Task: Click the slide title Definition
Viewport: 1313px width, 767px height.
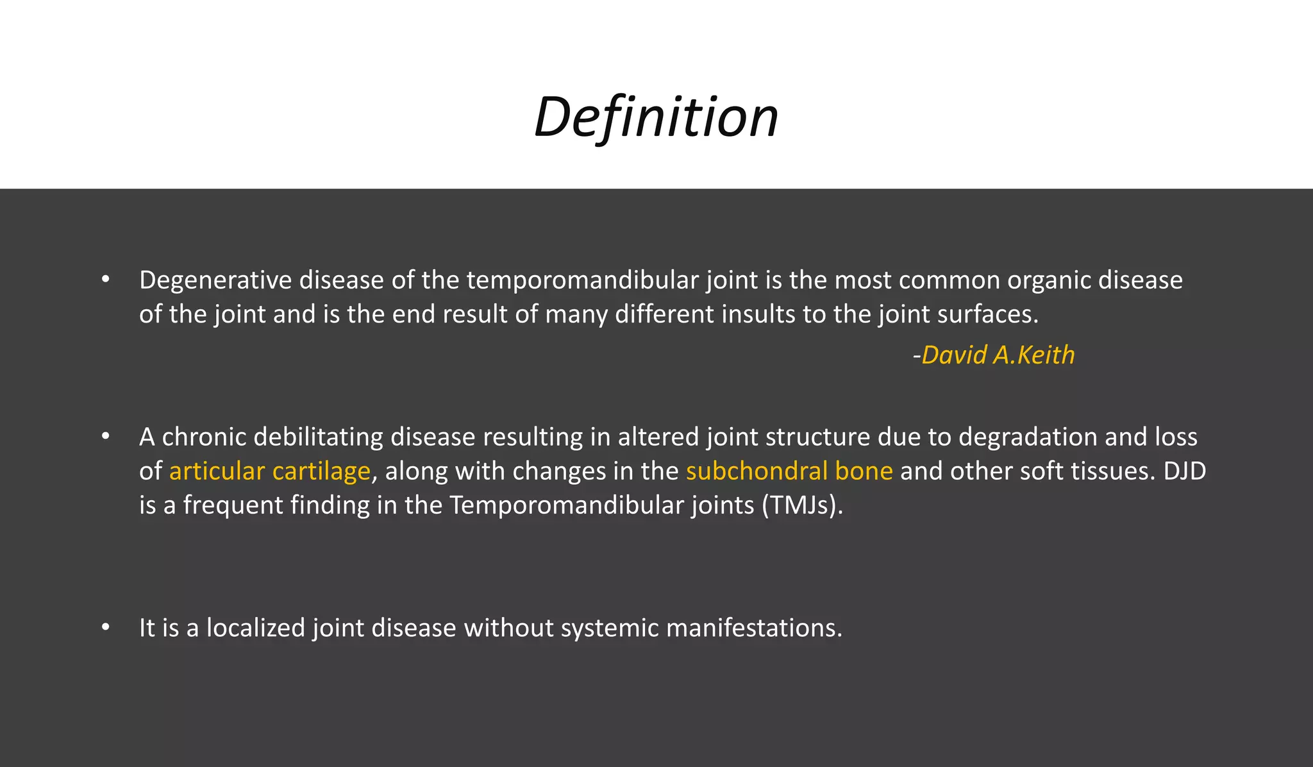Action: click(656, 117)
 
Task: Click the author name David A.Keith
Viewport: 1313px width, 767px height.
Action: click(998, 355)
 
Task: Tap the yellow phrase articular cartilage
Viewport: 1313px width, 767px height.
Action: click(270, 471)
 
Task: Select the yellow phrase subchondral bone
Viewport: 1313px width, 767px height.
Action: click(789, 471)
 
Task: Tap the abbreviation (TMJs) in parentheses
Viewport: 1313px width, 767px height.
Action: click(802, 505)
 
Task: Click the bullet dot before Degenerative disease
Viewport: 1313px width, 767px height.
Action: click(106, 280)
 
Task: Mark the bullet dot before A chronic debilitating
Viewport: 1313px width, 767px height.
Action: click(106, 437)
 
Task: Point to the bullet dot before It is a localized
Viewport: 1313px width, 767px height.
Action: click(106, 627)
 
